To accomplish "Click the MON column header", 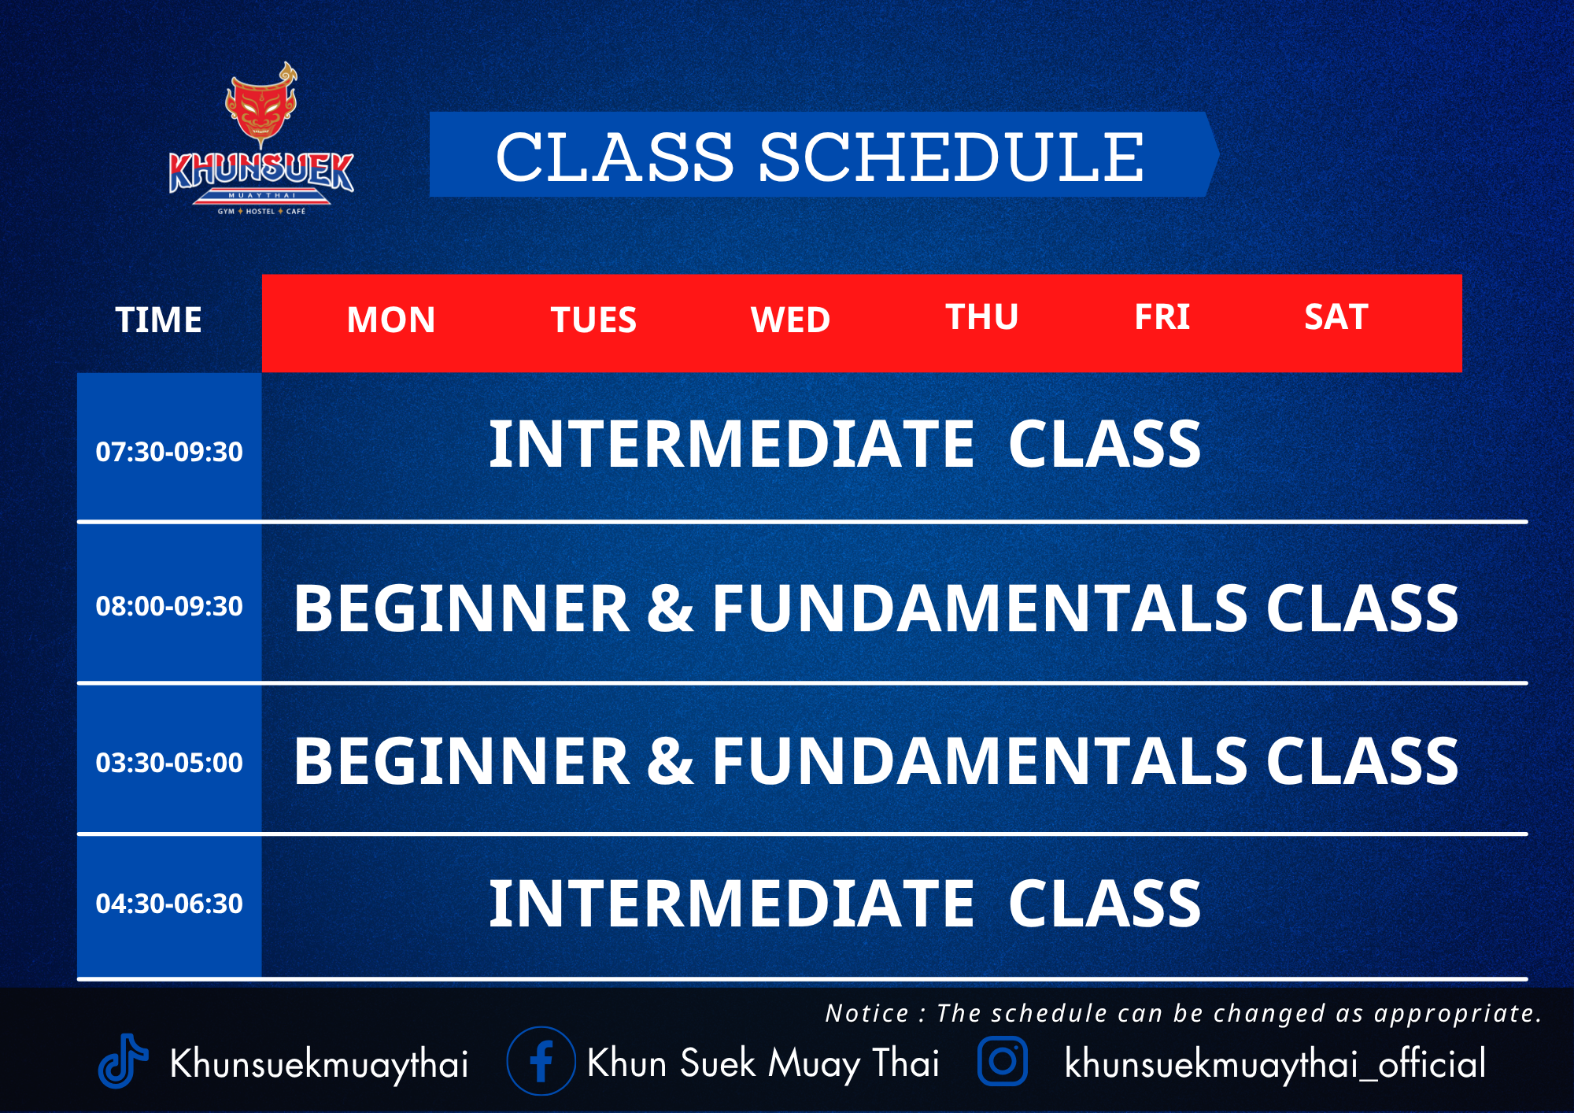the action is tap(391, 320).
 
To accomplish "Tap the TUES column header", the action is tap(593, 320).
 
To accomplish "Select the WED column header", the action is tap(790, 320).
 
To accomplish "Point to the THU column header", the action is tap(981, 316).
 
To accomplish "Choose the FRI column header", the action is tap(1162, 316).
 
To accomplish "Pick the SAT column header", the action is tap(1336, 316).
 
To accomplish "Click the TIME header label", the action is tap(158, 320).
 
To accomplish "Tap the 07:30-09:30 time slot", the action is tap(169, 452).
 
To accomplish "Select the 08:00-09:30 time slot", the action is tap(169, 606).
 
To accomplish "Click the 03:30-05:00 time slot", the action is tap(169, 762).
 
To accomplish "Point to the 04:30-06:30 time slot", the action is tap(169, 904).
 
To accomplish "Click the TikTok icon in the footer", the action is tap(122, 1061).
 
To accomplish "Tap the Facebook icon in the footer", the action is tap(541, 1061).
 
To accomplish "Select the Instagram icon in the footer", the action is tap(1002, 1061).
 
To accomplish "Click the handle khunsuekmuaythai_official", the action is tap(1275, 1063).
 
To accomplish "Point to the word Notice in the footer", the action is tap(866, 1013).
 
